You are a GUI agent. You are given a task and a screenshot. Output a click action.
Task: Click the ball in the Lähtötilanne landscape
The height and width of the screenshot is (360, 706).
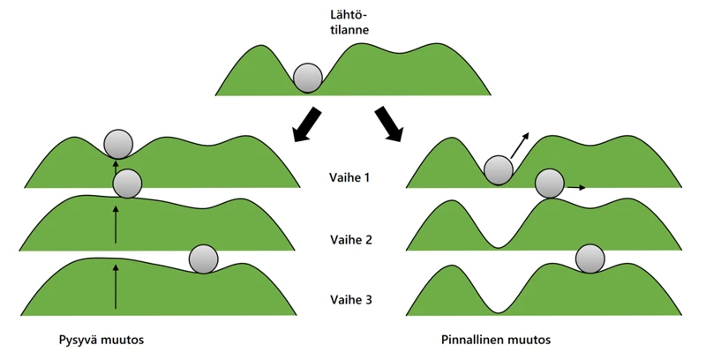(x=308, y=78)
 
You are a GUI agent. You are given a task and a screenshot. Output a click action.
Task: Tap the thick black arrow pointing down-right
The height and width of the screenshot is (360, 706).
(x=388, y=123)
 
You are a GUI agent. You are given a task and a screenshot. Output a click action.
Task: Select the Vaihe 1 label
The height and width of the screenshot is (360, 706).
(x=350, y=177)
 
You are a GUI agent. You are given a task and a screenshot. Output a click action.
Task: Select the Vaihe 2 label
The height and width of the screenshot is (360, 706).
(x=350, y=240)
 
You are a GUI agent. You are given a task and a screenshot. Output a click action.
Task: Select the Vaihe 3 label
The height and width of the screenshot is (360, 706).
(x=350, y=300)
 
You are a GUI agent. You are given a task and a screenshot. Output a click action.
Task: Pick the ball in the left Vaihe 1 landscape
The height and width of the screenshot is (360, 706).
(x=118, y=142)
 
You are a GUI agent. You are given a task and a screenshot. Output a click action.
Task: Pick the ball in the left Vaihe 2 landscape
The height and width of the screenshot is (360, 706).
(x=128, y=184)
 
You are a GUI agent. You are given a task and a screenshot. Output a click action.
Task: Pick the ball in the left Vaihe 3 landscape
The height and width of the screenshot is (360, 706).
(x=204, y=258)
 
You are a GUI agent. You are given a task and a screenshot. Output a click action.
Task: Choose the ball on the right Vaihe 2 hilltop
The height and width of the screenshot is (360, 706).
(x=550, y=184)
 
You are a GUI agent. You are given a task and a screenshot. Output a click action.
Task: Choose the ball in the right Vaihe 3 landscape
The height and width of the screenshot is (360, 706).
(x=590, y=258)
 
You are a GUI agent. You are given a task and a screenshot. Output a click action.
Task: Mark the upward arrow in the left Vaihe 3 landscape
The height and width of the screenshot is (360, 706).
(x=116, y=286)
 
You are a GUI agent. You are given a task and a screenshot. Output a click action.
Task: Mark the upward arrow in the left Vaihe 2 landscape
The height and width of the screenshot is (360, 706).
(x=116, y=223)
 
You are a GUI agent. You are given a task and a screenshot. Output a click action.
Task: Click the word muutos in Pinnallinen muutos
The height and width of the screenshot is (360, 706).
(x=529, y=339)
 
